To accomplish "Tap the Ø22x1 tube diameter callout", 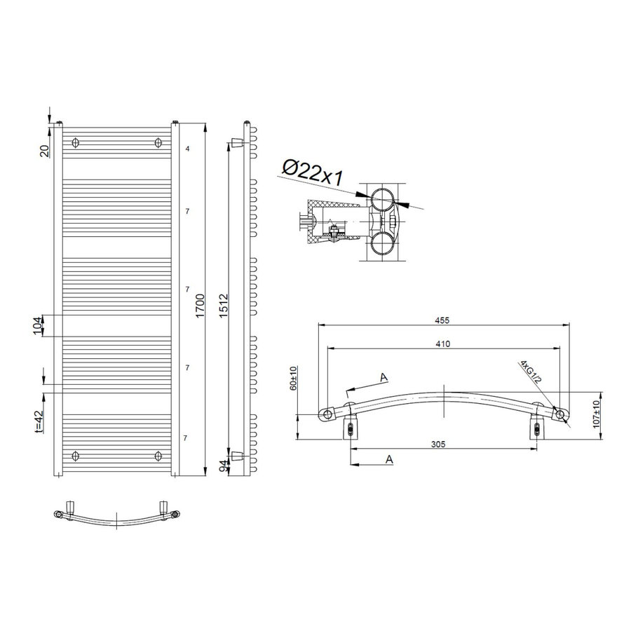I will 313,172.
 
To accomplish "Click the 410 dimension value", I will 442,344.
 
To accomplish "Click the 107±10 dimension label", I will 597,415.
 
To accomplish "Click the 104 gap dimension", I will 38,325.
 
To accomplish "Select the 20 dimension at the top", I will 44,150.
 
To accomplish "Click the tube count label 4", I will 187,149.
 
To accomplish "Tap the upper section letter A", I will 384,377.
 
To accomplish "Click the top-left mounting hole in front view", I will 76,143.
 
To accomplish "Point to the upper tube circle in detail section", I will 383,201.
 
